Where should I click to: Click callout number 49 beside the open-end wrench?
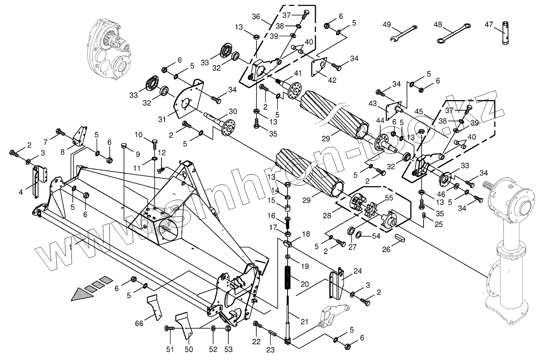(387, 25)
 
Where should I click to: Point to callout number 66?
(139, 323)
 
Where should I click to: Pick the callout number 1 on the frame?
(70, 247)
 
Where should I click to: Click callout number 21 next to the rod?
(304, 322)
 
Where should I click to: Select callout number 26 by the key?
(387, 249)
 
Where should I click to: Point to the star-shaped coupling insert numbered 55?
(372, 208)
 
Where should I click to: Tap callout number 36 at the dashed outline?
(256, 17)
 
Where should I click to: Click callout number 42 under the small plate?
(332, 80)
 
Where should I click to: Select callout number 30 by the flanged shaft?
(233, 111)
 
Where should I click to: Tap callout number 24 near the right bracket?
(358, 270)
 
